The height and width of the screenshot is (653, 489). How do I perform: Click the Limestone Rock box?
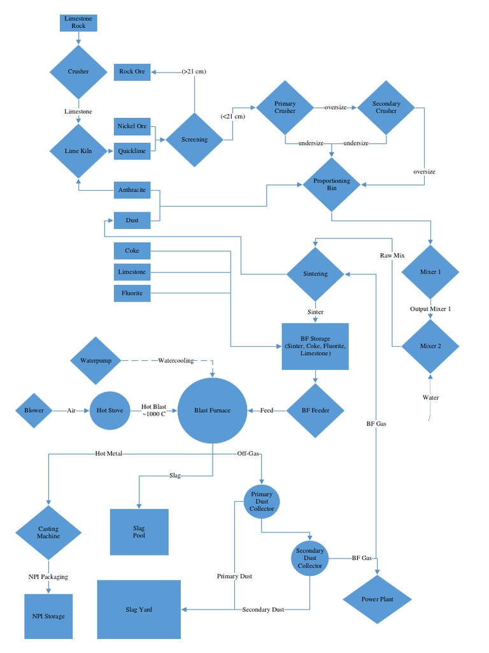click(78, 22)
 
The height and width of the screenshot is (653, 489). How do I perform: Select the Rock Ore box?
click(132, 71)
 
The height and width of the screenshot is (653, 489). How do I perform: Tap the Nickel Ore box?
click(132, 126)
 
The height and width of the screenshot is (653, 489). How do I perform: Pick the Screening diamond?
click(194, 139)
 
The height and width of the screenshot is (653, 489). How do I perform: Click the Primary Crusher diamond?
click(285, 107)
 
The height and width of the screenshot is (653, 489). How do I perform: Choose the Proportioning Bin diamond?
click(332, 184)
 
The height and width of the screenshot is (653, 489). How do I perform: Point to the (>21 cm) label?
click(194, 71)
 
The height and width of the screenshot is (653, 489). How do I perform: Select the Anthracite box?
click(132, 190)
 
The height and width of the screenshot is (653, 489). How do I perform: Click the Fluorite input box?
click(132, 293)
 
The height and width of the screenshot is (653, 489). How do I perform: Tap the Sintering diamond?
click(315, 274)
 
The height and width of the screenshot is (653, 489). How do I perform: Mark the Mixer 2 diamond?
click(430, 346)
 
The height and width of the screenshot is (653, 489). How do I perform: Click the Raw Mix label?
click(392, 255)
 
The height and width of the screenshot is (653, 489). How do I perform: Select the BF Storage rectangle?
click(315, 346)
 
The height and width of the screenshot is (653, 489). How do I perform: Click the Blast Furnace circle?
click(212, 410)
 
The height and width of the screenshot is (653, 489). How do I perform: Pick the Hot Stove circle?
click(110, 410)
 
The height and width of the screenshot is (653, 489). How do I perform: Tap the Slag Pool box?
click(139, 532)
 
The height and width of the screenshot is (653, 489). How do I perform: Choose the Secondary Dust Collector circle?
click(309, 558)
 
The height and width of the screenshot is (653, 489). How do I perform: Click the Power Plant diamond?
click(378, 599)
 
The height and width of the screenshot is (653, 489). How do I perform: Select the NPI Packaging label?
click(48, 576)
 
